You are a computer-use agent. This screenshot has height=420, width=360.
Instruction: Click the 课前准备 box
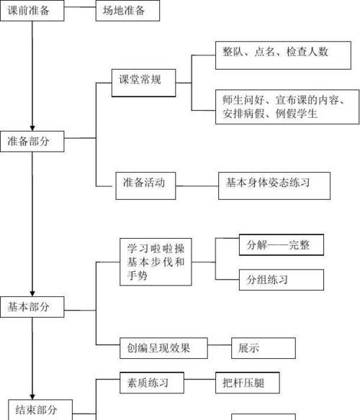pyautogui.click(x=32, y=11)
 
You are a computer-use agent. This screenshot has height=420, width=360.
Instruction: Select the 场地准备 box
pyautogui.click(x=127, y=11)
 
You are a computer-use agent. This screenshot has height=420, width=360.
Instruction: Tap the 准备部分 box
pyautogui.click(x=32, y=142)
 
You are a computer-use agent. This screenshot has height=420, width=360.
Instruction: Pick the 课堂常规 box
pyautogui.click(x=144, y=83)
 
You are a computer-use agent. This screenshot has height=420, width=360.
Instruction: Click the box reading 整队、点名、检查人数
pyautogui.click(x=283, y=55)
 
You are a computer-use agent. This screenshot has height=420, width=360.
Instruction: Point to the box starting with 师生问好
pyautogui.click(x=287, y=107)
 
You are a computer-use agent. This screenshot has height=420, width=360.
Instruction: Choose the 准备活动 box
pyautogui.click(x=145, y=186)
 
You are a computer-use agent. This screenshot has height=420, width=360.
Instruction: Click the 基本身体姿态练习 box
pyautogui.click(x=274, y=186)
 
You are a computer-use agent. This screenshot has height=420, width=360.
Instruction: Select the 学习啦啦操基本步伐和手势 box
pyautogui.click(x=156, y=262)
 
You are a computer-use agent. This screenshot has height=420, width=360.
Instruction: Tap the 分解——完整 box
pyautogui.click(x=282, y=245)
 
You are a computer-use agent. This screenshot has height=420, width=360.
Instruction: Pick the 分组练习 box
pyautogui.click(x=282, y=280)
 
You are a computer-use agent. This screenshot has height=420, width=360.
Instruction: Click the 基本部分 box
pyautogui.click(x=32, y=307)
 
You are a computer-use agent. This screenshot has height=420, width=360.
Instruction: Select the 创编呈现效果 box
pyautogui.click(x=163, y=348)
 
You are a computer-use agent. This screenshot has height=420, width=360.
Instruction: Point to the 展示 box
pyautogui.click(x=264, y=348)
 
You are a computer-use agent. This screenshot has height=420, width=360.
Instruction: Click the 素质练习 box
pyautogui.click(x=152, y=383)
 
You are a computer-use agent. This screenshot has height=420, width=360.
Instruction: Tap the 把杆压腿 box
pyautogui.click(x=248, y=383)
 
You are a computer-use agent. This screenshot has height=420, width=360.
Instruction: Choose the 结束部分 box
pyautogui.click(x=40, y=410)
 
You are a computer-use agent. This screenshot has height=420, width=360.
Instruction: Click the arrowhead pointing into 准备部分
pyautogui.click(x=32, y=128)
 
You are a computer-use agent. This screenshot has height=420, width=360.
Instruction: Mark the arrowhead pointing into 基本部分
pyautogui.click(x=32, y=293)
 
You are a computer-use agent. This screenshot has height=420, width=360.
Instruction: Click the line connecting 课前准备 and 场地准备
pyautogui.click(x=80, y=7)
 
